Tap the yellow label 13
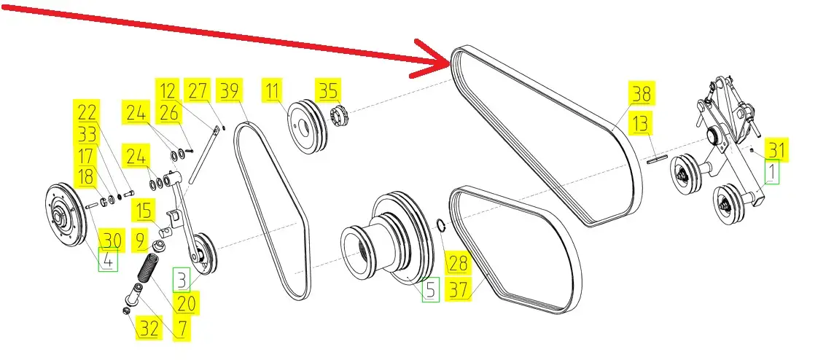pyautogui.click(x=640, y=124)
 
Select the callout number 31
pyautogui.click(x=776, y=150)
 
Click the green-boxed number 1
pyautogui.click(x=771, y=172)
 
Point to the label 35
pyautogui.click(x=328, y=91)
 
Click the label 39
pyautogui.click(x=230, y=91)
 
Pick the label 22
pyautogui.click(x=87, y=112)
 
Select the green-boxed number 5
pyautogui.click(x=430, y=290)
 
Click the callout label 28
pyautogui.click(x=457, y=262)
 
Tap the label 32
pyautogui.click(x=148, y=329)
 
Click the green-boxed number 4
pyautogui.click(x=107, y=261)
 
